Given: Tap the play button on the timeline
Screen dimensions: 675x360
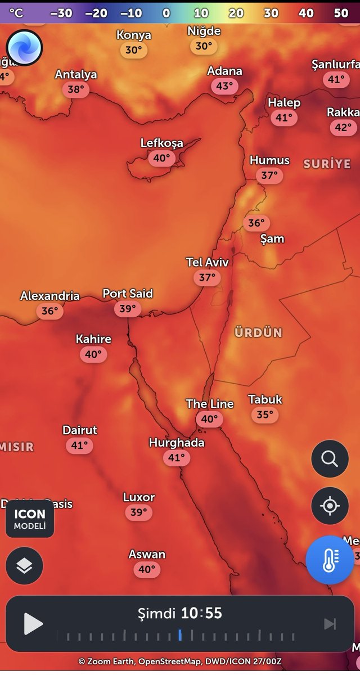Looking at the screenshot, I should coord(33,624).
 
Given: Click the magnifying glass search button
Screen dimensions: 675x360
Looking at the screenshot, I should coord(330,459).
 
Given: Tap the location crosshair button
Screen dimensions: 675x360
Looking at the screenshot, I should coord(330,506).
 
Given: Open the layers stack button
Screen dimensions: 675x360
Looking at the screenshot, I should coord(24,565).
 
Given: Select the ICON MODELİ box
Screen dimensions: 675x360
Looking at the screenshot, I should coord(30,519).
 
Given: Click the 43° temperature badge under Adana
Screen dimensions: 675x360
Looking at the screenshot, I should coord(224,86).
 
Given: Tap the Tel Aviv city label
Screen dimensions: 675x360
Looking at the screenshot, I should coord(208,262).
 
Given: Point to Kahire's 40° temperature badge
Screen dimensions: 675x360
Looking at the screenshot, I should coord(93,354).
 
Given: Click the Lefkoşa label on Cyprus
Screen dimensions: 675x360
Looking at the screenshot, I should coord(161,143).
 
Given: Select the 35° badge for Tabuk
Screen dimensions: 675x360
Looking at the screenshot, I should coord(264,415).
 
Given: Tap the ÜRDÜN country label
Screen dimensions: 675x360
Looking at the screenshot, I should coord(259,332).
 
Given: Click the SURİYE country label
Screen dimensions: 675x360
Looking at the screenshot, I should coord(327,164).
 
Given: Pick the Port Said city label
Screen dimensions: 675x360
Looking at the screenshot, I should coord(128,294).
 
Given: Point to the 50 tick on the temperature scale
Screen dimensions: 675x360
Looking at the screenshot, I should coord(341,12).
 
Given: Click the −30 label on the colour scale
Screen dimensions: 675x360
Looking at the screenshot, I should coord(61,12).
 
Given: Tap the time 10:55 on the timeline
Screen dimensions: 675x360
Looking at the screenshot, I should coord(201,613).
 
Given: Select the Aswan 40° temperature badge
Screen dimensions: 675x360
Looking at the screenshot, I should coord(146,569).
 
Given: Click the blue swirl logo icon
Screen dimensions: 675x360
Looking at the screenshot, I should coord(25,47).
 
